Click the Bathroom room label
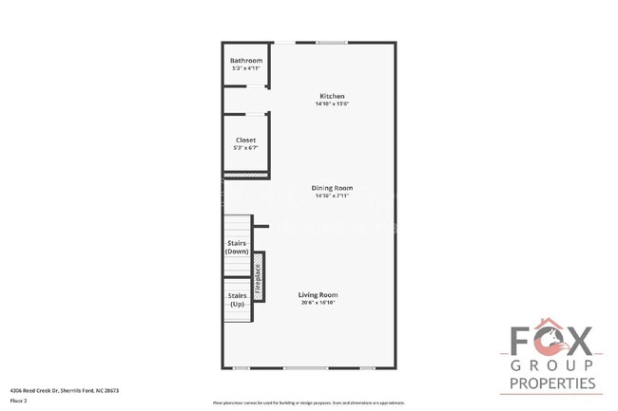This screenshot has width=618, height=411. coord(245,61)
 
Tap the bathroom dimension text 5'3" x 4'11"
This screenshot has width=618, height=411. coord(245,68)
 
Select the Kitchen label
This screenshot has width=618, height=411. coord(332,96)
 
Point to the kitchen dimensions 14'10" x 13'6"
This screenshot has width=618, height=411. coord(332,103)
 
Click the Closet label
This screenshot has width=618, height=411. coord(245,140)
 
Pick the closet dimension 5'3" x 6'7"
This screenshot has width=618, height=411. coord(245,148)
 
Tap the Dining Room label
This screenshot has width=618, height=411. coord(332,188)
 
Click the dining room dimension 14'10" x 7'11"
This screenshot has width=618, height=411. coord(332,196)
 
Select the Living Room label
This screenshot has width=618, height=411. coord(319,295)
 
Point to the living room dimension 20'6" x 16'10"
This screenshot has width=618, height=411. coord(319,303)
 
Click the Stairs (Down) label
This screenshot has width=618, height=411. coord(237,247)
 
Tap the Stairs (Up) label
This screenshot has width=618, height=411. coord(237,301)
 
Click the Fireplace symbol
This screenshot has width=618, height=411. coord(257,276)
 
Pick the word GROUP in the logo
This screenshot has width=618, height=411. coord(551,365)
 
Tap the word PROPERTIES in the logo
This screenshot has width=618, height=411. coord(552,383)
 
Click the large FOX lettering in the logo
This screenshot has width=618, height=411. coord(551,340)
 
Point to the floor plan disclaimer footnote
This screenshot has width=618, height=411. coord(309,402)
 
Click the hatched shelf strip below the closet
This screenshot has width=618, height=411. coord(245,176)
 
